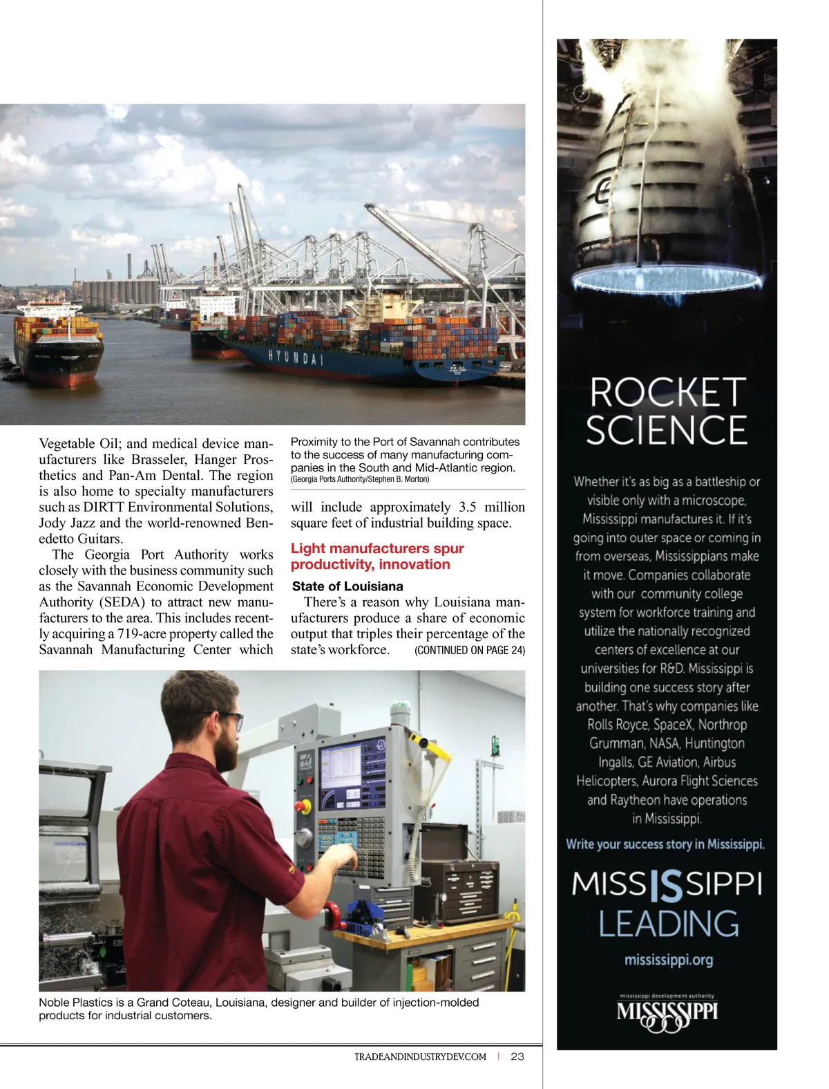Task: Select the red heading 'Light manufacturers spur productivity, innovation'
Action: tap(377, 557)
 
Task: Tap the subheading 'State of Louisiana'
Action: tap(347, 586)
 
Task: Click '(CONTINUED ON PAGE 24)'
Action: tap(470, 650)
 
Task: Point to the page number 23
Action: tap(517, 1057)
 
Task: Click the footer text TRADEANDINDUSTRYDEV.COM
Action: tap(420, 1057)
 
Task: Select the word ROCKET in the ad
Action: tap(667, 393)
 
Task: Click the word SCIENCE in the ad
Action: tap(667, 430)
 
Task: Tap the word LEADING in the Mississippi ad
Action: tap(668, 924)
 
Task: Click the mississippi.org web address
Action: tap(668, 960)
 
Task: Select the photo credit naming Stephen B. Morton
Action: tap(360, 479)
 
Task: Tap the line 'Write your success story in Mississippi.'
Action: tap(665, 844)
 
